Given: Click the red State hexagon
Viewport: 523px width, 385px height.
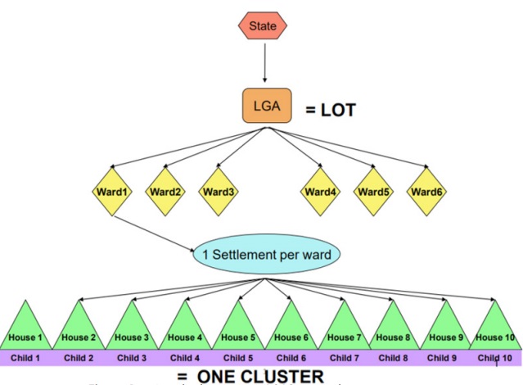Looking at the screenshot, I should [264, 26].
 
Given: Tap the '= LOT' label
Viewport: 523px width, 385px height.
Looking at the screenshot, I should [331, 110].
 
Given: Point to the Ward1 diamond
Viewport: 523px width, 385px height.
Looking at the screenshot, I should [111, 192].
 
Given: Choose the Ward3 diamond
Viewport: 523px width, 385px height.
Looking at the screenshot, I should [219, 192].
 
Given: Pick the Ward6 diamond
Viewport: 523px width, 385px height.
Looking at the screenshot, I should [427, 192].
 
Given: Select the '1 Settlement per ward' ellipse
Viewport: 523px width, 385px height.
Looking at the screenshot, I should [266, 255].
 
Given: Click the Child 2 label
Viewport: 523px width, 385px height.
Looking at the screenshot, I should [79, 358].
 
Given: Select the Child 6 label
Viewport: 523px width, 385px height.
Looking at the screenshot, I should [291, 358].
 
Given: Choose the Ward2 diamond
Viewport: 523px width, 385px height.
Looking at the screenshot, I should [166, 192].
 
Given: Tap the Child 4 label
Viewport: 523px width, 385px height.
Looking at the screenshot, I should [186, 358].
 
